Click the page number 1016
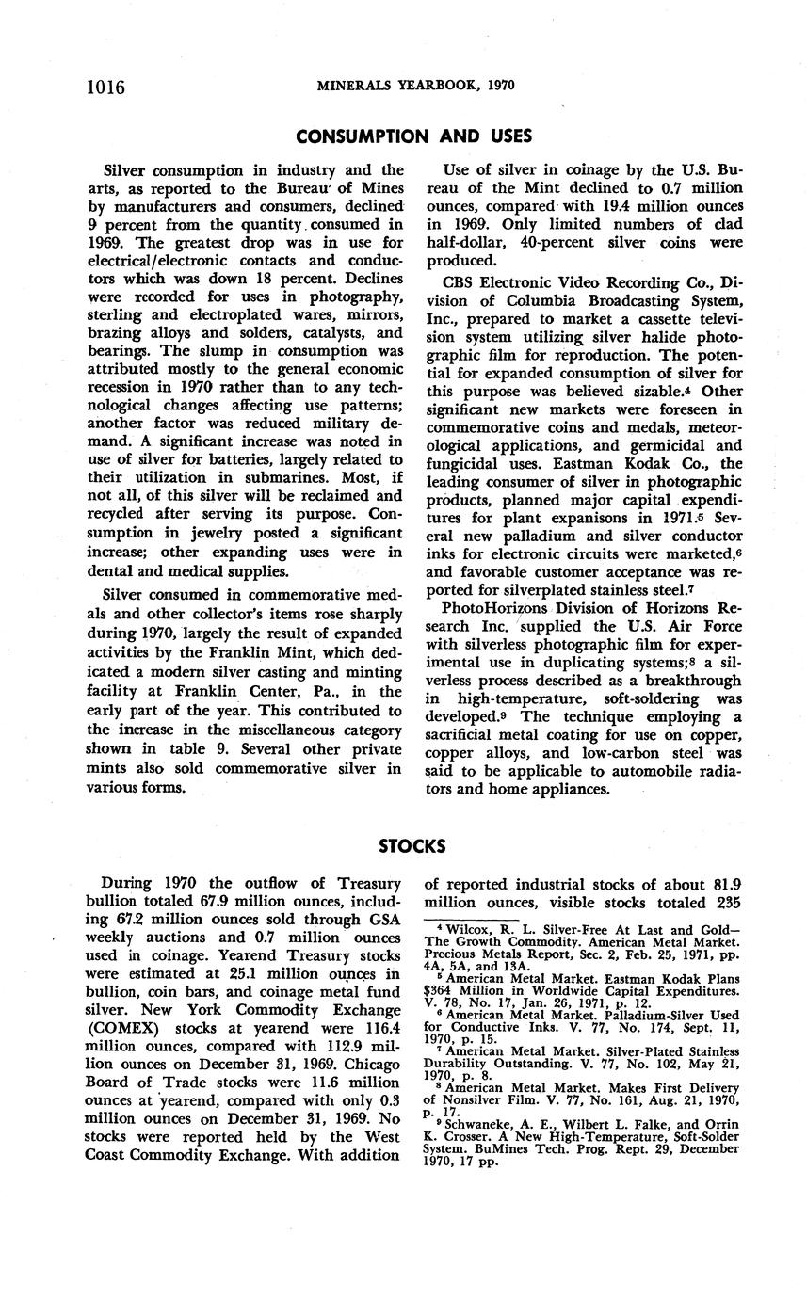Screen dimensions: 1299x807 [x=106, y=88]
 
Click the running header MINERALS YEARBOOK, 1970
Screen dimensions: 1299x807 [x=415, y=85]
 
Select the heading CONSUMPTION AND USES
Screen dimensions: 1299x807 [x=413, y=136]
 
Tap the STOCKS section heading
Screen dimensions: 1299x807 [x=412, y=846]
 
